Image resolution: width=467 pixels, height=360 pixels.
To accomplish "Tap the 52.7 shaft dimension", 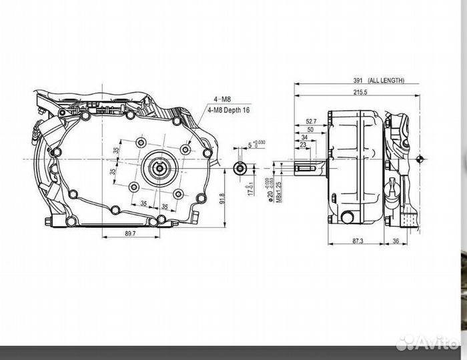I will (311, 121).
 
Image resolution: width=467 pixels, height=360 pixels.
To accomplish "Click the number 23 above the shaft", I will (304, 145).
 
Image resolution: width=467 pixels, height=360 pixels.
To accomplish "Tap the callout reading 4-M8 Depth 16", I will (229, 111).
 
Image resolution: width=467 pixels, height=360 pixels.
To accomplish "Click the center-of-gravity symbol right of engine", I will (419, 159).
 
